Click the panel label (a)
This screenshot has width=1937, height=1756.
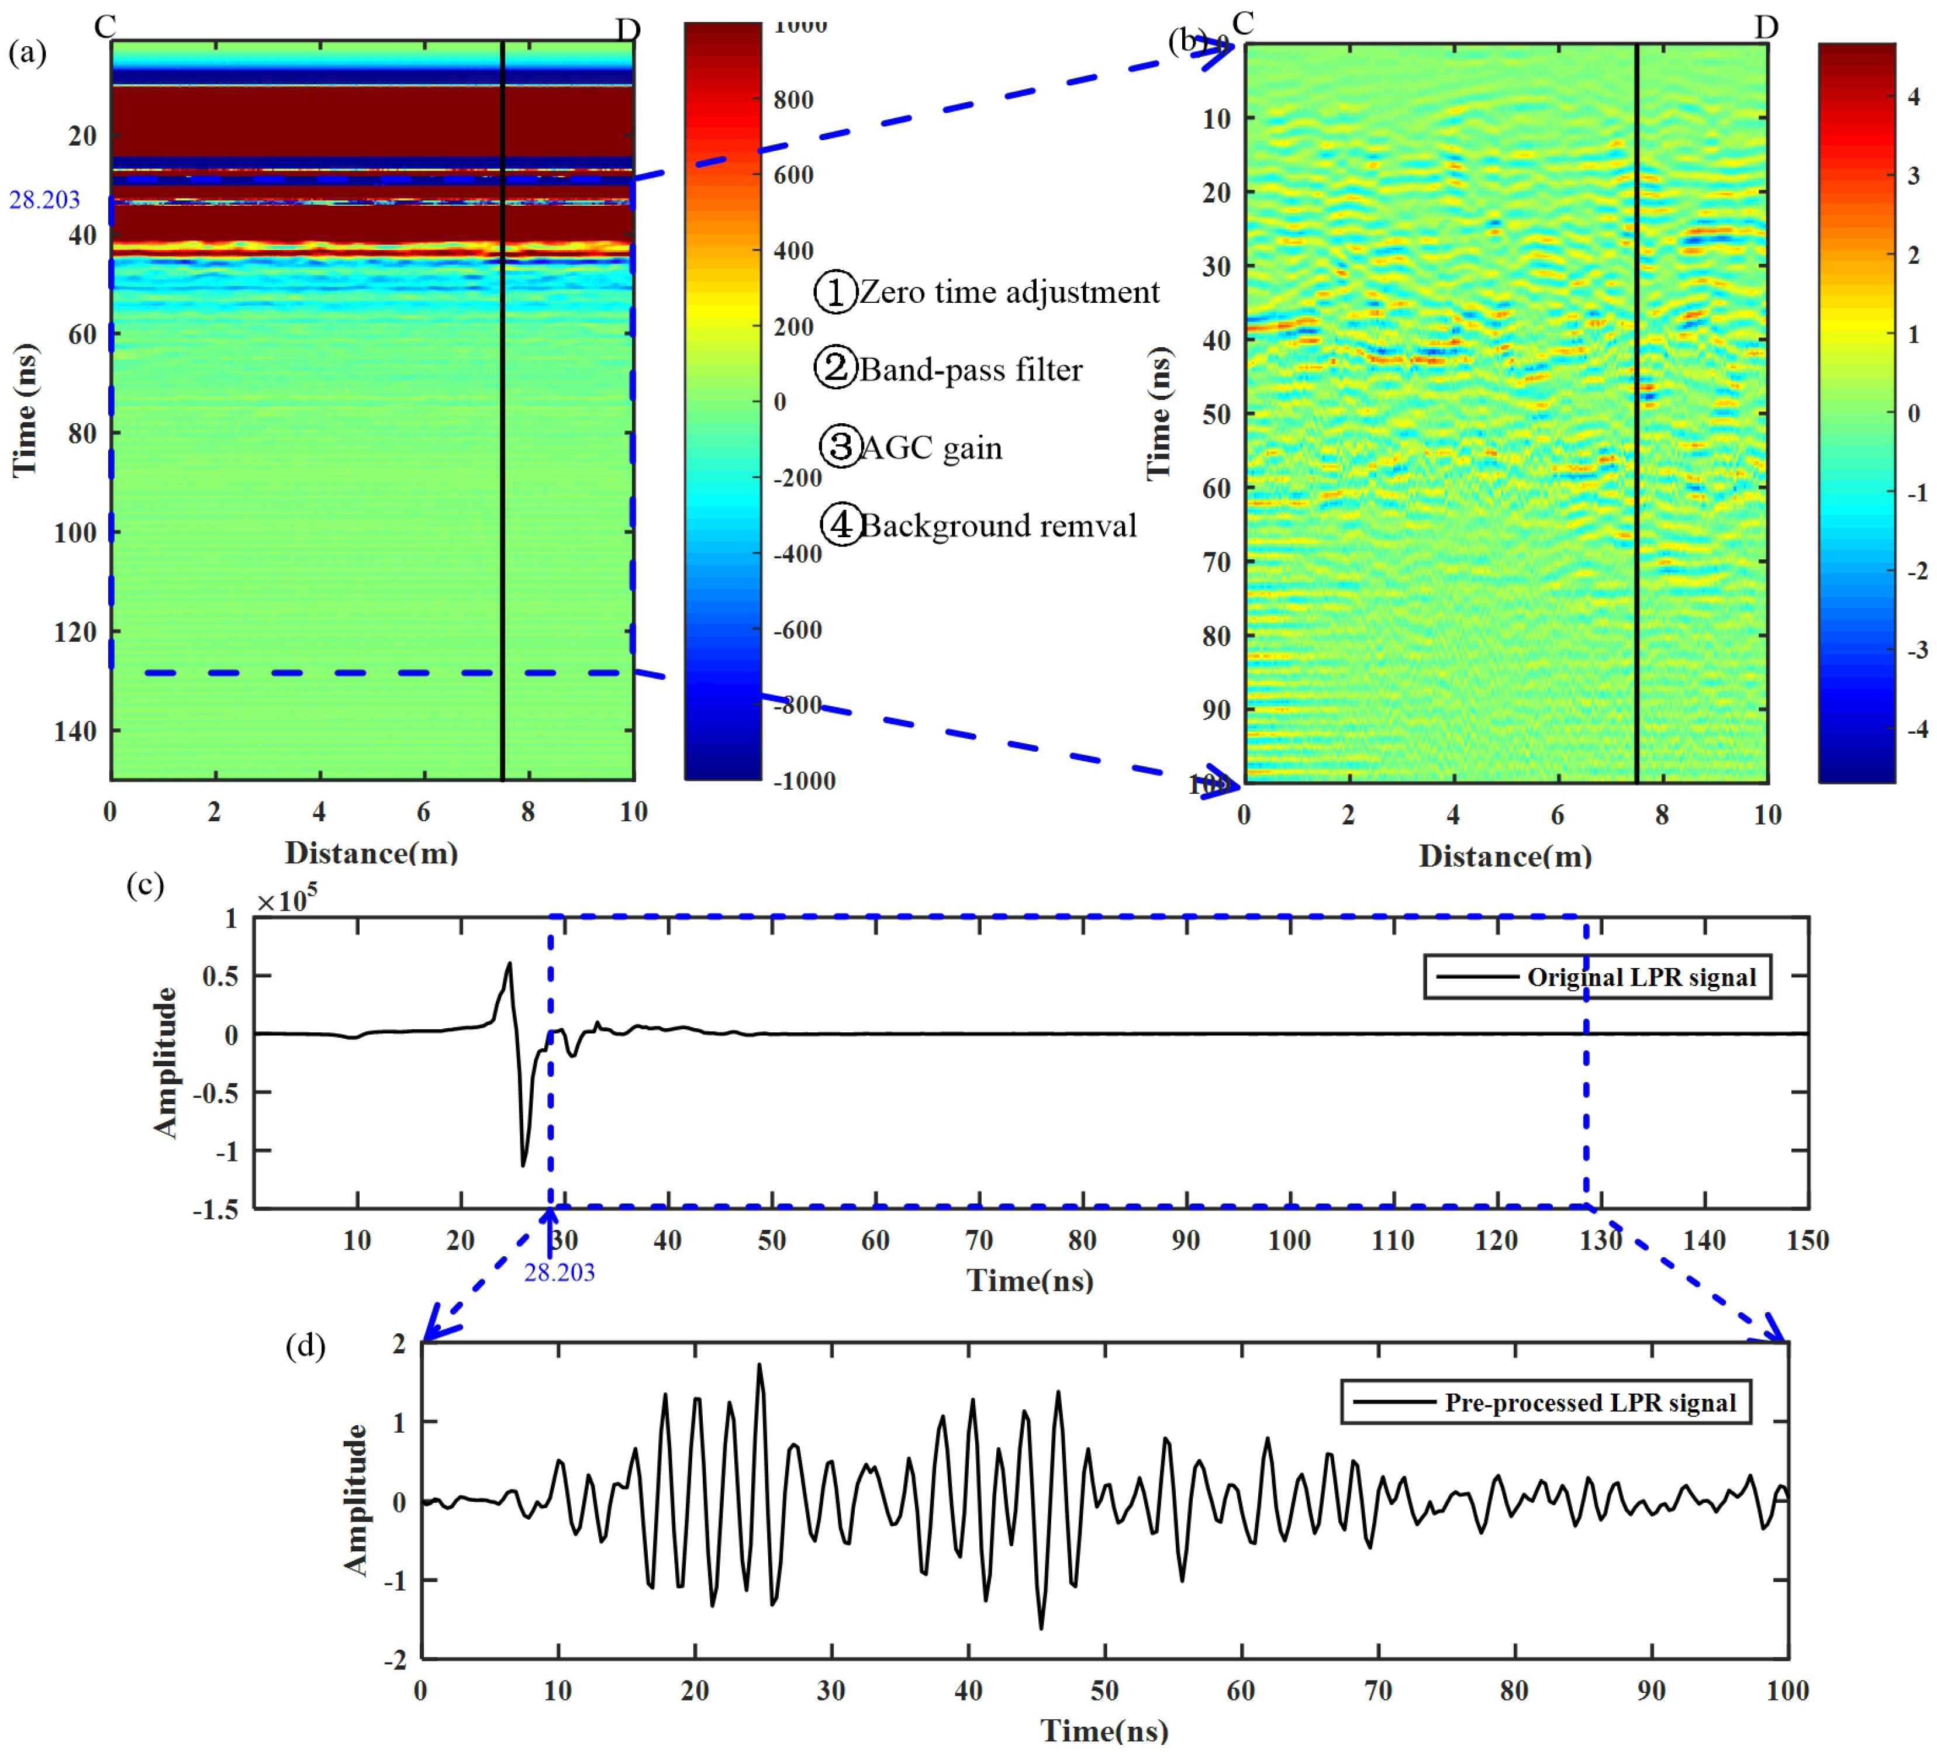[x=27, y=52]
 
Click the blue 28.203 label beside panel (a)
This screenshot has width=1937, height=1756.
[x=44, y=200]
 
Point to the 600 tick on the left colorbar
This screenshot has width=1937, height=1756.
[x=793, y=175]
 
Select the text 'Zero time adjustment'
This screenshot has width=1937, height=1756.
[x=1009, y=292]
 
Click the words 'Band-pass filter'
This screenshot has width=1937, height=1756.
[x=971, y=370]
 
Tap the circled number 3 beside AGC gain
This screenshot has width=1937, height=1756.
[x=840, y=447]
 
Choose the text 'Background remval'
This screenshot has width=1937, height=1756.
[x=997, y=526]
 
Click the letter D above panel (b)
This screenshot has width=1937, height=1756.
[x=1766, y=27]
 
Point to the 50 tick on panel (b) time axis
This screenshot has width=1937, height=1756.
[x=1216, y=414]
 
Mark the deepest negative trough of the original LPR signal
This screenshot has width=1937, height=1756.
[x=524, y=1164]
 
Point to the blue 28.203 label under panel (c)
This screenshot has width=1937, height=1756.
[x=559, y=1273]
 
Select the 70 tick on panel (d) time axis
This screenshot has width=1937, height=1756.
[x=1378, y=1691]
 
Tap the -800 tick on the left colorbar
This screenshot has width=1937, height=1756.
[x=797, y=705]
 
